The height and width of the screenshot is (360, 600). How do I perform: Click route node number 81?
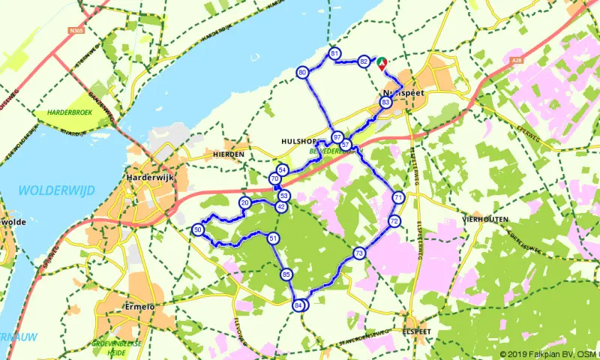pos(334,53)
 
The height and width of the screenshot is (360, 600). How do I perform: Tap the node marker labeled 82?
pos(364,61)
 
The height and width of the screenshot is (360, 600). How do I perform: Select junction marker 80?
pos(302,73)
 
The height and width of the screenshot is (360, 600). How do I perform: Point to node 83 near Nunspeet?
pos(385,102)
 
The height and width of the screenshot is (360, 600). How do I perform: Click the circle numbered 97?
pos(337,138)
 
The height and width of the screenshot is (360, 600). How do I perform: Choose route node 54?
pos(282,170)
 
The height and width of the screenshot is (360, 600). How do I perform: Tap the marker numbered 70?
pos(275,178)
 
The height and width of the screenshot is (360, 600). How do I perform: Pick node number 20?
pos(244,203)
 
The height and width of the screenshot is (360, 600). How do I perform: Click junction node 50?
pos(198,229)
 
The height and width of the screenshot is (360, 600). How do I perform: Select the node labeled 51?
pos(273,238)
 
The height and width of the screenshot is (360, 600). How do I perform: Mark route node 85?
pos(286,274)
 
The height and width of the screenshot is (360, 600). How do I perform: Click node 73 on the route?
pos(359,253)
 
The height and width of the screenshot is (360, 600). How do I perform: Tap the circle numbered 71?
pos(398,197)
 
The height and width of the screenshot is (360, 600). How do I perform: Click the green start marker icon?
pos(381,63)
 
